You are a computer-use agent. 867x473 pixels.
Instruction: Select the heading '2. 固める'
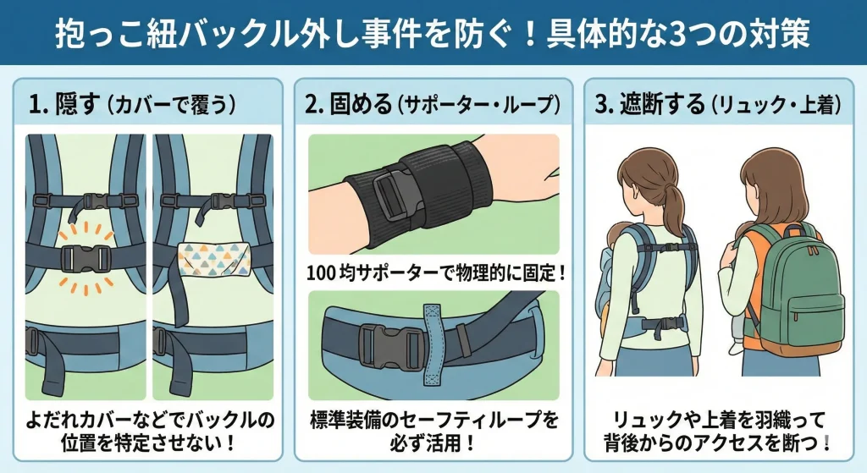pos(348,104)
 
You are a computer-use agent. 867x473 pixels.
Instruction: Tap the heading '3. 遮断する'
pos(650,104)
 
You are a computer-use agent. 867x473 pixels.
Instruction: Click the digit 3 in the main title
pos(676,33)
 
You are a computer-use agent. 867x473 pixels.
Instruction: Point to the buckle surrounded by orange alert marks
pos(86,258)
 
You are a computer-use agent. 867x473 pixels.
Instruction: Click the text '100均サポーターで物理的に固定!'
pos(437,272)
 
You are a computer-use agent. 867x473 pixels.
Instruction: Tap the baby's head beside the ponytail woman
pos(615,238)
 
